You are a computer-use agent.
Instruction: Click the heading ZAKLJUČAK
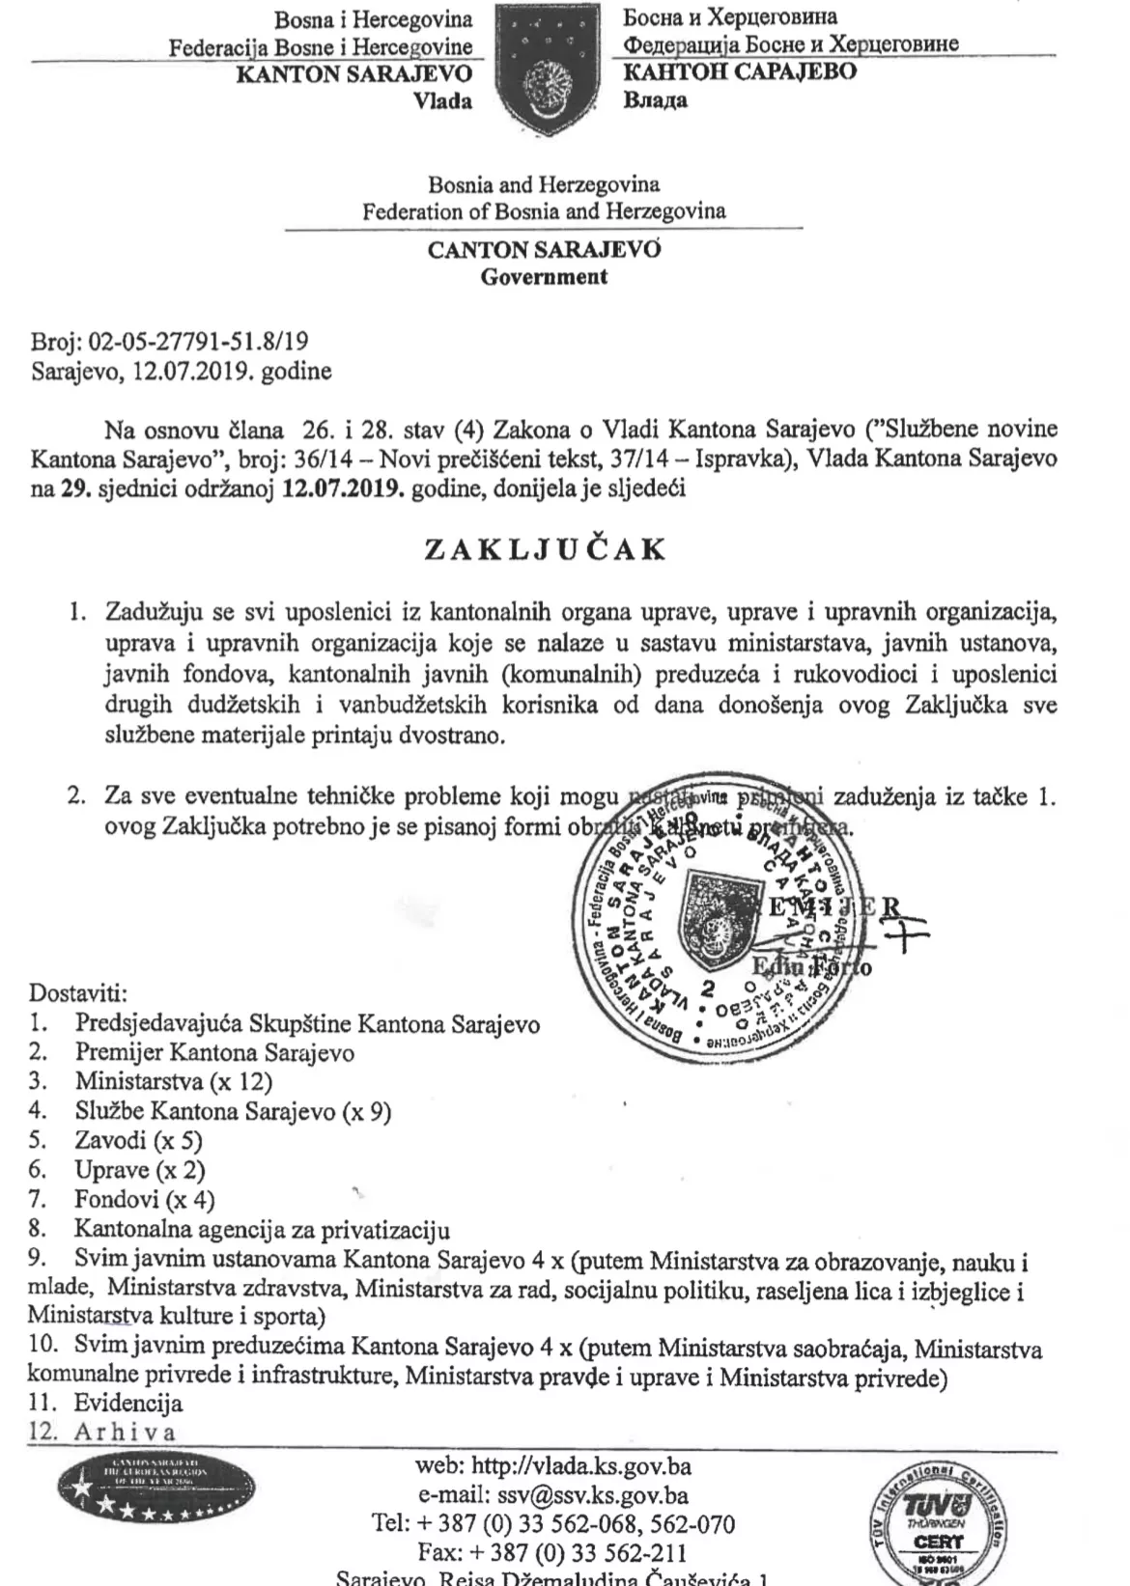(x=546, y=548)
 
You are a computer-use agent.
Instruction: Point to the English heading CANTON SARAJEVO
(x=545, y=250)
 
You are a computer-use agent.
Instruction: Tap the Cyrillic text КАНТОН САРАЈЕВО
(x=740, y=71)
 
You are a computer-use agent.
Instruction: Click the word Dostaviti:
(x=78, y=993)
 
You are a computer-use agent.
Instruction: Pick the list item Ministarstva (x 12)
(x=174, y=1081)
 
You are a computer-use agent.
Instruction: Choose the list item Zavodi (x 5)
(x=138, y=1140)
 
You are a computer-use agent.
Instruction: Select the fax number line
(x=551, y=1554)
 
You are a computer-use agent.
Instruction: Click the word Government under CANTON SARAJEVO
(x=545, y=276)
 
